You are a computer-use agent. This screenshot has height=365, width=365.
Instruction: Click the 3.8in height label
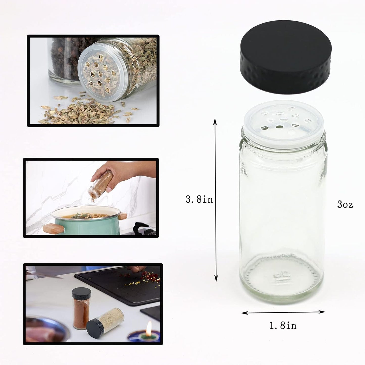coord(199,200)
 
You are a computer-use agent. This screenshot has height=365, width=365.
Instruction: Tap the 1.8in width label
coord(283,325)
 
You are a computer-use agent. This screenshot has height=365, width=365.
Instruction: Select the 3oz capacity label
coord(345,204)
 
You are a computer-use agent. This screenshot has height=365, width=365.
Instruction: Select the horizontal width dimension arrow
coord(283,312)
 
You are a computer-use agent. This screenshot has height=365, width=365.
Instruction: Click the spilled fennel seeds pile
coord(81,111)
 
